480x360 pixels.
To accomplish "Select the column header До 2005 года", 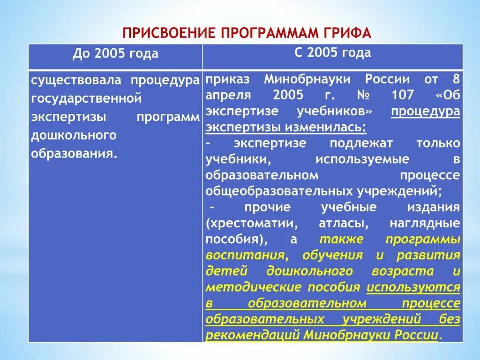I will pos(115,54).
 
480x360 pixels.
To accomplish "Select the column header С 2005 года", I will pos(332,52).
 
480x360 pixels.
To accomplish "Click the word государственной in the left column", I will pos(86,98).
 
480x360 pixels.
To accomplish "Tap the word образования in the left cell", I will pos(73,154).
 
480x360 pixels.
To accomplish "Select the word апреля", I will pos(228,95).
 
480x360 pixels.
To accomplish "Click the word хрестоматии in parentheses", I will pos(251,223).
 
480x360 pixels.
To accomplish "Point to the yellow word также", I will pos(341,239).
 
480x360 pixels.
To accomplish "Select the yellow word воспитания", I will pos(246,255).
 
